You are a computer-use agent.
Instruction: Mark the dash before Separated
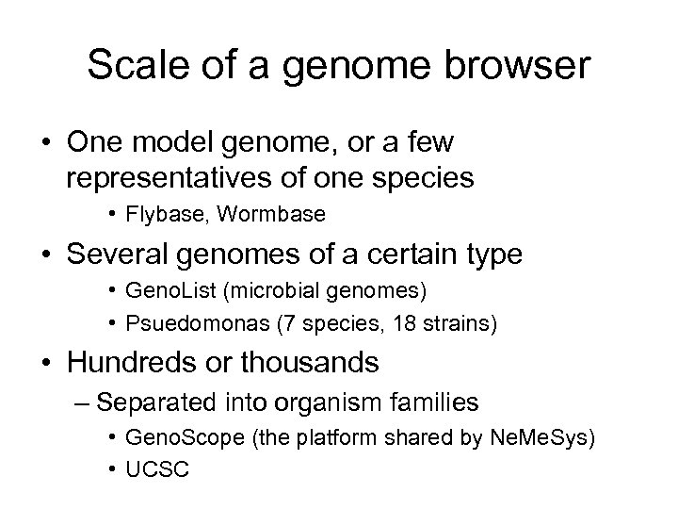(82, 402)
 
